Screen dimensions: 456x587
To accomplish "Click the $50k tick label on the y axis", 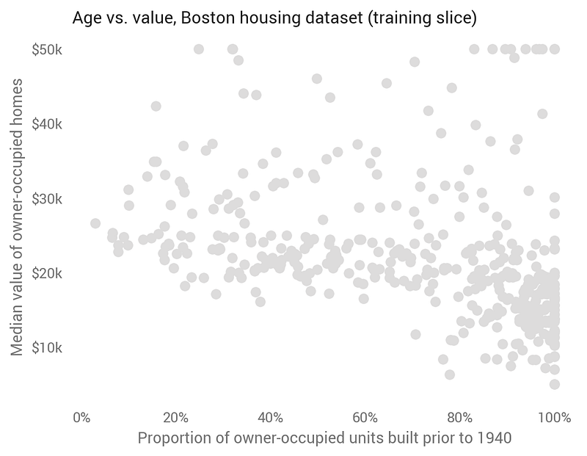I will click(x=48, y=49).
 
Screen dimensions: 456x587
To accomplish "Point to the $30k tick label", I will click(x=48, y=198).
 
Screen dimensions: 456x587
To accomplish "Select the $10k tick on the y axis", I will click(x=48, y=347).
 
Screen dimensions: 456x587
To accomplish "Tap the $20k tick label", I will click(x=48, y=272).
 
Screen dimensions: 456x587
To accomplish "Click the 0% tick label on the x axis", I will click(x=81, y=418).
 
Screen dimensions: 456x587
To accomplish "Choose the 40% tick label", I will click(x=271, y=418).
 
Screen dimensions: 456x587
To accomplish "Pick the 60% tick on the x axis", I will click(x=365, y=418).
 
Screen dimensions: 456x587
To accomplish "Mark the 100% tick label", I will click(x=554, y=418).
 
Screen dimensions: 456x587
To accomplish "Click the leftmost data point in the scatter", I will click(x=95, y=223).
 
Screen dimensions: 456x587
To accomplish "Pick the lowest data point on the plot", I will click(x=554, y=384).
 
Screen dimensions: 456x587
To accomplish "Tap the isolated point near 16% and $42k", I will click(x=156, y=106).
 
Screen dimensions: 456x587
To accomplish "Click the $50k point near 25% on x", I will click(x=199, y=49).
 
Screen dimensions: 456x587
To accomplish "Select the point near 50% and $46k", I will click(x=317, y=79).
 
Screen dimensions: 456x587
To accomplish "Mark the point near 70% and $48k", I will click(x=415, y=62).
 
